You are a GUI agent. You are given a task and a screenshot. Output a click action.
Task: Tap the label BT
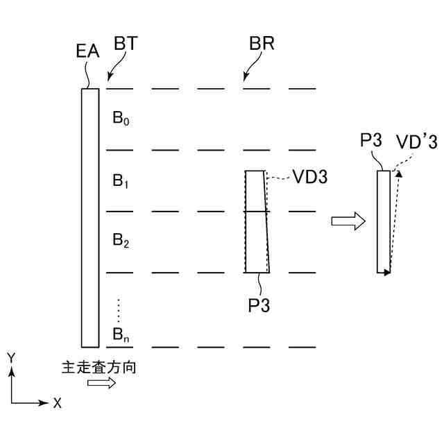(x=126, y=44)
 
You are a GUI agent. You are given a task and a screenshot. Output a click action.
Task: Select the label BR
(x=262, y=44)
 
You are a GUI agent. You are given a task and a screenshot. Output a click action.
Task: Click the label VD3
(x=309, y=177)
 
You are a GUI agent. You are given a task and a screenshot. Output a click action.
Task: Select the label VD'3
(x=416, y=142)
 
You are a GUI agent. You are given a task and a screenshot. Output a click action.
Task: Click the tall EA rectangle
(x=90, y=216)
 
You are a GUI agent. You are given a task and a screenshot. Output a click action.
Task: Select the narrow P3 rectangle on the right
(x=384, y=222)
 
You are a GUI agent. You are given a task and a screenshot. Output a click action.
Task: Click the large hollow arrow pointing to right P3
(x=348, y=221)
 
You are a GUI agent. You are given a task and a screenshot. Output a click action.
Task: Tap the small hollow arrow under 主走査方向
(x=101, y=383)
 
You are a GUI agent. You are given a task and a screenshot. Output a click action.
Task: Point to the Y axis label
(x=11, y=357)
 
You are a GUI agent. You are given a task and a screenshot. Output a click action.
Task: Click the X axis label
(x=58, y=403)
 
